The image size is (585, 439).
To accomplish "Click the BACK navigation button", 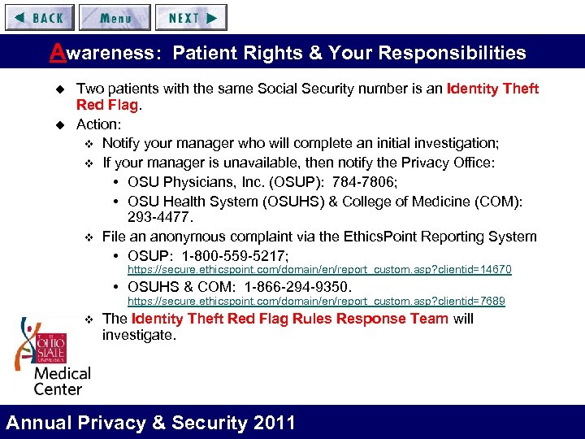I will (x=39, y=17).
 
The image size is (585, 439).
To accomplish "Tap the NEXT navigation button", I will (x=192, y=17).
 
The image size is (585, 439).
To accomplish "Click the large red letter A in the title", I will (x=56, y=53).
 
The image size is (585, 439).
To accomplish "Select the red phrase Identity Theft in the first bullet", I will (x=492, y=89).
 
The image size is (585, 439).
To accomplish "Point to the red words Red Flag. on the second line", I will (x=109, y=106).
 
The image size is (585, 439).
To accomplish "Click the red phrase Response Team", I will (x=393, y=318).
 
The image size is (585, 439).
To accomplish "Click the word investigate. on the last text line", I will (x=138, y=335).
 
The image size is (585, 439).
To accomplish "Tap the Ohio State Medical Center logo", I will (x=50, y=355).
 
